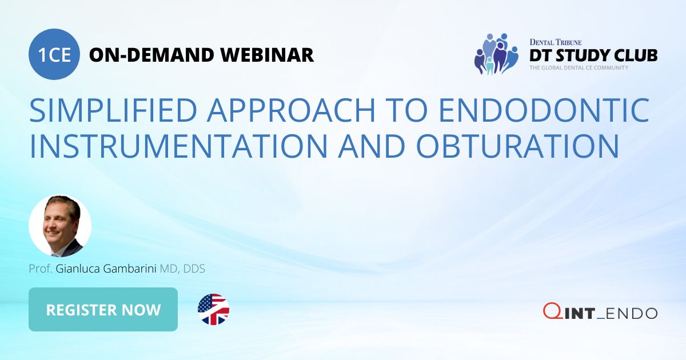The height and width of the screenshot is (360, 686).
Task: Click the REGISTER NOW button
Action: (103, 310)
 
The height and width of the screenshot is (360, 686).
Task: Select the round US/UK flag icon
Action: (213, 310)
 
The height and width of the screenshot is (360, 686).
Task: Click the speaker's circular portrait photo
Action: (59, 226)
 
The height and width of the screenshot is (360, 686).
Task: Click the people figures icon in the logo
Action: (495, 54)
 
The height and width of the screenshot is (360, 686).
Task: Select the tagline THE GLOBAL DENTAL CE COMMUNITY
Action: (579, 68)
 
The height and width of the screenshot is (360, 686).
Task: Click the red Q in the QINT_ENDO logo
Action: (551, 311)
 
